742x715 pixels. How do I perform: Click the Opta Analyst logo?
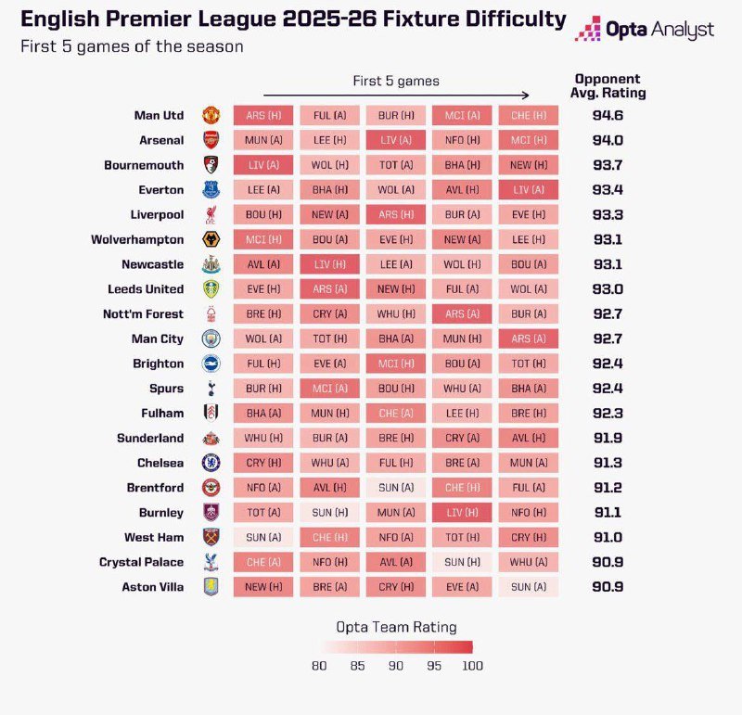[645, 30]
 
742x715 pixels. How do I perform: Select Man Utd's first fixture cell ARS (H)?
[263, 116]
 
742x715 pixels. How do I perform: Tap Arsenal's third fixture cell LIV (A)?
[396, 141]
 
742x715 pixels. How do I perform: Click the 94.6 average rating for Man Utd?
[608, 116]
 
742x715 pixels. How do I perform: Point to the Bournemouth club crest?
[211, 166]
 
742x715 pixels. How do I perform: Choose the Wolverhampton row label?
[137, 240]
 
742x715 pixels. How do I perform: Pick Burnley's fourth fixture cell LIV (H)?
[462, 513]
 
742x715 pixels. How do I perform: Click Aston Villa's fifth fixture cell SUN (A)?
[529, 587]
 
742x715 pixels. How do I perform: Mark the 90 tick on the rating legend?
[395, 665]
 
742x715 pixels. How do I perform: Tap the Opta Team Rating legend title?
[395, 627]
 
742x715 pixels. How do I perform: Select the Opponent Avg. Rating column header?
[608, 86]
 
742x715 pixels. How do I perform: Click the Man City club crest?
[211, 339]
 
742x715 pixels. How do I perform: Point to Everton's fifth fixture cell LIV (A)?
[529, 190]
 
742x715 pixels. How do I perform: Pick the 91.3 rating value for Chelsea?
[608, 463]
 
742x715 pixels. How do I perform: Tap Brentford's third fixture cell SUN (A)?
[396, 488]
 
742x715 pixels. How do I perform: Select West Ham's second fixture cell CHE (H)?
[329, 537]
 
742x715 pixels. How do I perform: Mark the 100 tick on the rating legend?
[471, 665]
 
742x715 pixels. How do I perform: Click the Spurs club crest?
[211, 389]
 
